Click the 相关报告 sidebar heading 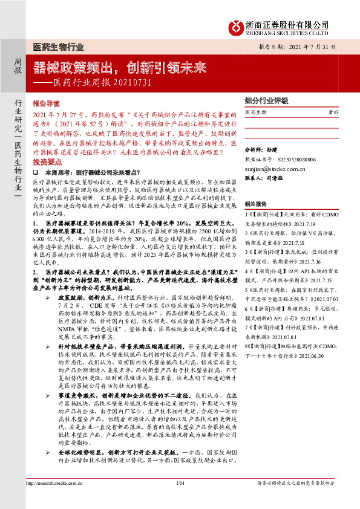[x=257, y=204]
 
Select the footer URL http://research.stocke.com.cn [x=59, y=499]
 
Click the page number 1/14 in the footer [x=179, y=499]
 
